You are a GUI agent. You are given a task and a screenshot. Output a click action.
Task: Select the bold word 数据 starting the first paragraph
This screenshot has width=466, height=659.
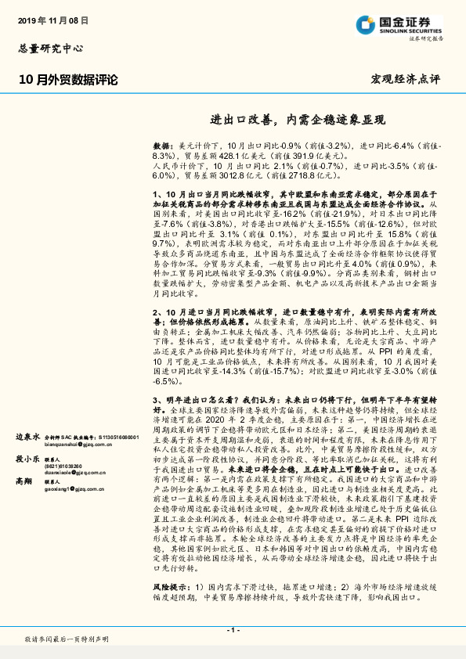pyautogui.click(x=161, y=146)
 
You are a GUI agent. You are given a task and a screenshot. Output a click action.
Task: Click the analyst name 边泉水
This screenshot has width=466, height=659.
pyautogui.click(x=28, y=438)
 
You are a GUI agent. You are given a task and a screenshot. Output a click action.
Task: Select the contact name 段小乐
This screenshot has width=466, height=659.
pyautogui.click(x=28, y=461)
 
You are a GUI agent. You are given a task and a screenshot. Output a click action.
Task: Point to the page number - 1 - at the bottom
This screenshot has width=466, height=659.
pyautogui.click(x=233, y=630)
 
